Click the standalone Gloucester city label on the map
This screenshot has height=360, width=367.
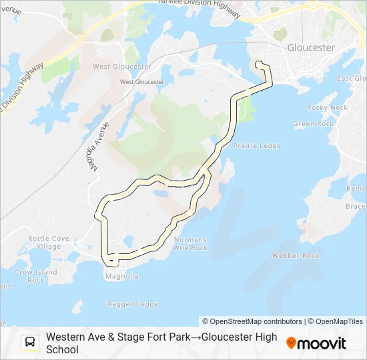310,48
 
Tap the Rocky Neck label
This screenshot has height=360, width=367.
327,107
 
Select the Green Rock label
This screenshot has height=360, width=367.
313,124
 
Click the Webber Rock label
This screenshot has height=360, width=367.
296,256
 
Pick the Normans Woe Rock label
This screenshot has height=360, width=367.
190,243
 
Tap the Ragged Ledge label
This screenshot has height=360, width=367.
133,304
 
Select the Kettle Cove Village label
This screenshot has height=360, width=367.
49,242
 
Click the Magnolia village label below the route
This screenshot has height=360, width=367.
121,276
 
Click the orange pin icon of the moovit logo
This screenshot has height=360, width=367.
291,343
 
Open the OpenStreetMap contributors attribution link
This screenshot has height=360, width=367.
252,321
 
